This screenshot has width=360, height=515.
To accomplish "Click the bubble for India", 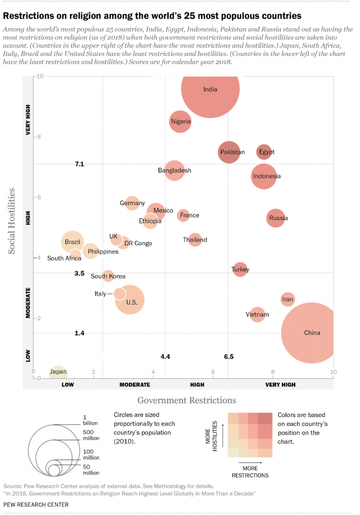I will pos(210,88).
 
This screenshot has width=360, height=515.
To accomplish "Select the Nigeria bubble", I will pos(181,121).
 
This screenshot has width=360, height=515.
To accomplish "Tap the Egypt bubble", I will pos(266,152).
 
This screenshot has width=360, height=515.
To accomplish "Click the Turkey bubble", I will pos(240,270).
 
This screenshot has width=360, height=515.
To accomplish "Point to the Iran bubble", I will pos(287,299).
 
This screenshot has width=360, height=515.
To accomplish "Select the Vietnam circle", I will pos(257,314).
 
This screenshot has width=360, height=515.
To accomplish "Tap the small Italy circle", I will pos(119,294).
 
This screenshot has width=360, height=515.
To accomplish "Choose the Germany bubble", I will pos(132,203).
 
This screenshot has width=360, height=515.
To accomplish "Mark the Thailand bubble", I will pos(195,240).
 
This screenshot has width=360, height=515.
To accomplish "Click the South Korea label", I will pos(108,276).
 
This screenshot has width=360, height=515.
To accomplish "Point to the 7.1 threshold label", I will pos(79,164).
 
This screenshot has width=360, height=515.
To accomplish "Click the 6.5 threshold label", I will pos(228,357).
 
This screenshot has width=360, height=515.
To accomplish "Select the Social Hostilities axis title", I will pos(11,221).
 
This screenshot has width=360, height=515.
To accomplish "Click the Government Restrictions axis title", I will pos(187,400).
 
